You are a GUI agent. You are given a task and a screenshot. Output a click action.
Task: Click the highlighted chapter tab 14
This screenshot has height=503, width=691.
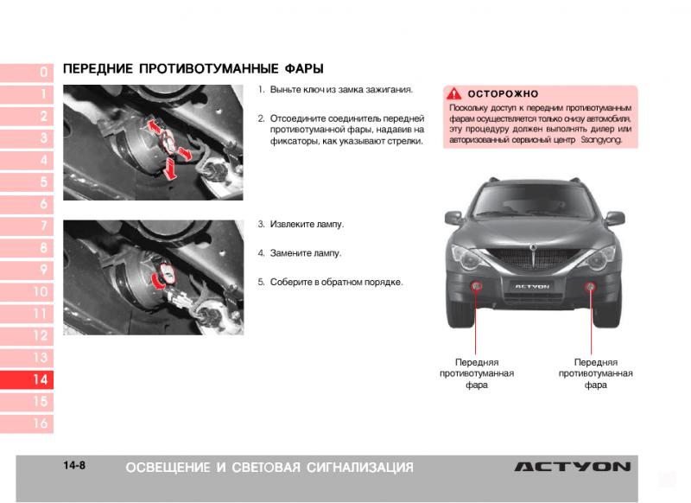point(27,379)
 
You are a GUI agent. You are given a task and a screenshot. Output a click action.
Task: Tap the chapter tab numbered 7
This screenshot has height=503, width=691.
point(27,226)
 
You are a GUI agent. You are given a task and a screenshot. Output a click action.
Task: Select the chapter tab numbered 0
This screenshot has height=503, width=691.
point(27,72)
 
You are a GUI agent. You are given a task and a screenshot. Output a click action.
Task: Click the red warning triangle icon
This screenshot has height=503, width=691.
point(454,93)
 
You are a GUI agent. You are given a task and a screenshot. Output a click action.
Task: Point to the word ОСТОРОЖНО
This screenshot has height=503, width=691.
point(503,94)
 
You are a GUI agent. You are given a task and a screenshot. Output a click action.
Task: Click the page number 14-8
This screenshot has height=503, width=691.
point(74,466)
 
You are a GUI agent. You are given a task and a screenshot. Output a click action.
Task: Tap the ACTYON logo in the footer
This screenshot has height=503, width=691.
point(573,467)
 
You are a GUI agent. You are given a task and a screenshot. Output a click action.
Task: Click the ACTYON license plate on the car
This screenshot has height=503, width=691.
point(532,286)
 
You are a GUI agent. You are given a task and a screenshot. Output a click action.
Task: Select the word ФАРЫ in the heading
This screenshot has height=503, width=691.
point(304,69)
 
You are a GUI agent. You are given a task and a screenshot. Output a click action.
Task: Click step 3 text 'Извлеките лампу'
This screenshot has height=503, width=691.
point(307,225)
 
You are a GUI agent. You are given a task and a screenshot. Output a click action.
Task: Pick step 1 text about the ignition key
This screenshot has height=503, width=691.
point(341,90)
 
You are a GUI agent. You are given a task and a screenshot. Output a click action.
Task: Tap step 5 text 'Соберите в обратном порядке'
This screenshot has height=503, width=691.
point(336,282)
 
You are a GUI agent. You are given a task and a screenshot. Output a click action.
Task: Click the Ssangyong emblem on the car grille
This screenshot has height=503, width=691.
point(533,247)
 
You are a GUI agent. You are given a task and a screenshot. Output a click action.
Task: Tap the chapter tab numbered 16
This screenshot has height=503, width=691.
point(27,423)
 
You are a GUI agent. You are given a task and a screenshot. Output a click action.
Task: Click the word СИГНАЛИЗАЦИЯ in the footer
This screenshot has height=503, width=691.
point(360,468)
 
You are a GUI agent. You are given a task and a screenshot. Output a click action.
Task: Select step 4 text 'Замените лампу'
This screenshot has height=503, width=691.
point(306,253)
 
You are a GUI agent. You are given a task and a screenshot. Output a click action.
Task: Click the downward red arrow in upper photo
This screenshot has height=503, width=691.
point(169,169)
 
